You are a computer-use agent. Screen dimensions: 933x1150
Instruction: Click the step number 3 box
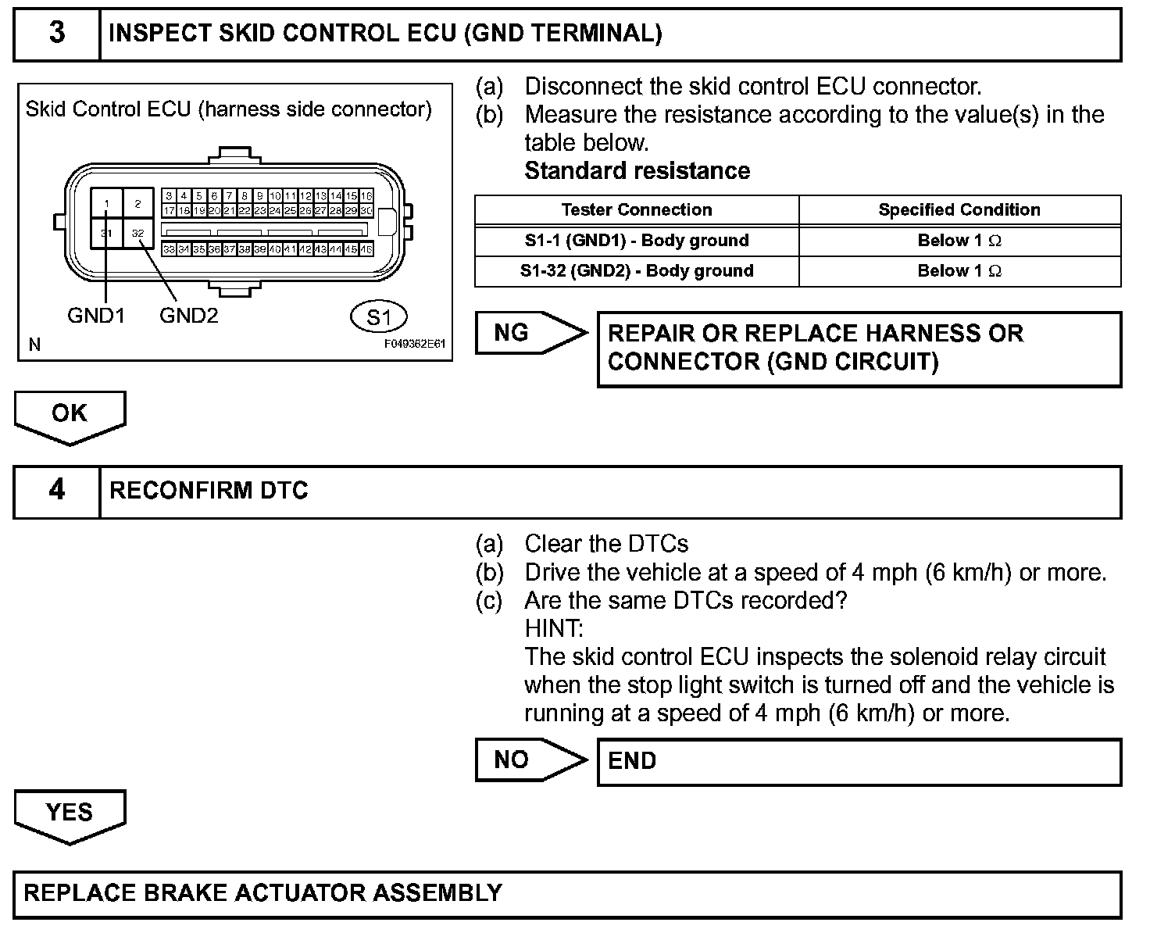(57, 34)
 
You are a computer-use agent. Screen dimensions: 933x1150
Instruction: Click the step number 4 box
(57, 491)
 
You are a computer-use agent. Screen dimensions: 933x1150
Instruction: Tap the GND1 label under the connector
(96, 316)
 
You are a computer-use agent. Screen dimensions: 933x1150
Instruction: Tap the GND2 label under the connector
(188, 316)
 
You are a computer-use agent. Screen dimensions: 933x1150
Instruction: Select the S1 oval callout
(378, 317)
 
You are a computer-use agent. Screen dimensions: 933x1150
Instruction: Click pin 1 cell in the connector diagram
(107, 204)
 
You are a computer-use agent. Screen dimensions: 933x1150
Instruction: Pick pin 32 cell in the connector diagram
(138, 233)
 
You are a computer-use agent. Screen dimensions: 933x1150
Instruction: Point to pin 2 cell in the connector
(138, 204)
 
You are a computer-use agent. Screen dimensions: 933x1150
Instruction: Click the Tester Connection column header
(637, 210)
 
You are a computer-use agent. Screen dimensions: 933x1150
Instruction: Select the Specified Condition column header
(959, 210)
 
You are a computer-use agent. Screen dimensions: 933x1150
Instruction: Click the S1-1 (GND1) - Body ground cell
(637, 241)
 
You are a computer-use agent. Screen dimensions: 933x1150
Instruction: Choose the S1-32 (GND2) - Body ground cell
(637, 271)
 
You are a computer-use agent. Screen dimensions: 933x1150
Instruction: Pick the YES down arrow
(70, 813)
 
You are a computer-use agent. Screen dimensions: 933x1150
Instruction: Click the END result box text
(632, 761)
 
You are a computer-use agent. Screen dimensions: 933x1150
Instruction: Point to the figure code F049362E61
(414, 344)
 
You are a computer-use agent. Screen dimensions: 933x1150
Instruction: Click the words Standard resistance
(637, 171)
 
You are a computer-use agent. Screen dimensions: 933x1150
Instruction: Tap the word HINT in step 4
(553, 628)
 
